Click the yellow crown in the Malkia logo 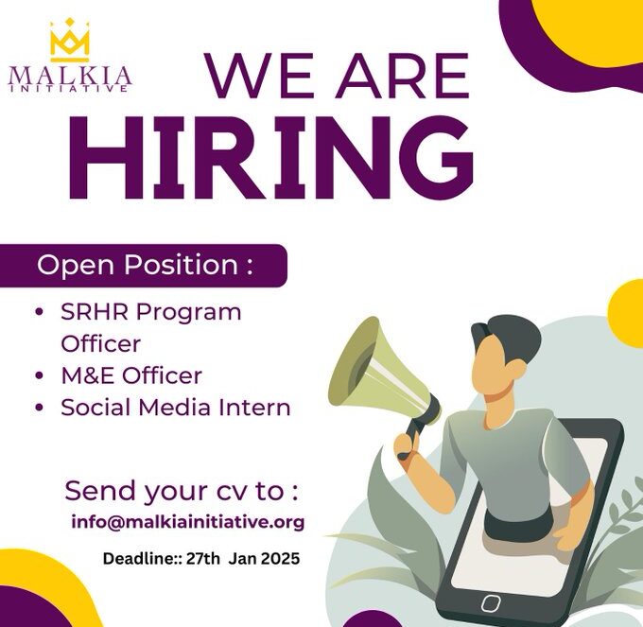(x=70, y=40)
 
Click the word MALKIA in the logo (x=70, y=77)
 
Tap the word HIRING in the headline (x=271, y=157)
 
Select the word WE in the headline (x=259, y=76)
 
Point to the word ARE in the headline (x=402, y=76)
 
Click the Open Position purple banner (x=143, y=266)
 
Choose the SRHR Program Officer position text (x=151, y=327)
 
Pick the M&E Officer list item (x=131, y=375)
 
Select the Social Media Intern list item (x=176, y=408)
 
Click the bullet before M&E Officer (x=40, y=375)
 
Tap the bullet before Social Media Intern (x=40, y=408)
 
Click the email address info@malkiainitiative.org (x=188, y=522)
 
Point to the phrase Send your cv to (x=181, y=491)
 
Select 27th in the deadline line (x=203, y=559)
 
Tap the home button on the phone (x=491, y=602)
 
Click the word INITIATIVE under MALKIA (x=68, y=89)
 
